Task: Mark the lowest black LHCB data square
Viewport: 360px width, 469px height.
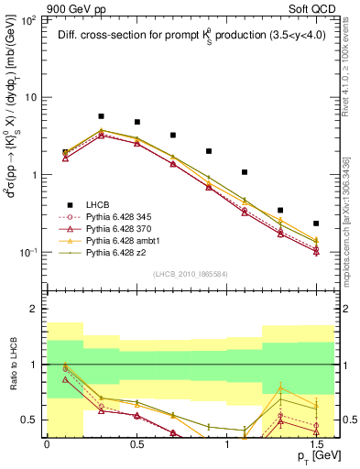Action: point(316,224)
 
